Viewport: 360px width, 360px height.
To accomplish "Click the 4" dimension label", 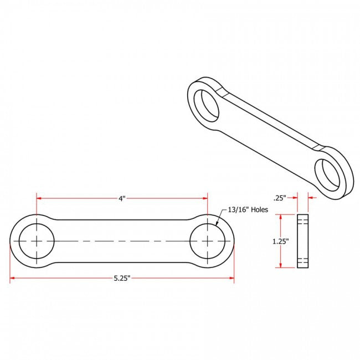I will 122,198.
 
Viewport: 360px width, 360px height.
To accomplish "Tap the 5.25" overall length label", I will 121,279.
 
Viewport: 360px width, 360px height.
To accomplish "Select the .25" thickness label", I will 281,198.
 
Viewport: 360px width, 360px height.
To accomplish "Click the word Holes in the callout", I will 259,210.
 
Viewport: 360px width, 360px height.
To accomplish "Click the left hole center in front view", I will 37,241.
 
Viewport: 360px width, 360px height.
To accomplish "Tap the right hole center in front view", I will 208,241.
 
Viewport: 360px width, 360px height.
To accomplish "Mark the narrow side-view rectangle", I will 302,241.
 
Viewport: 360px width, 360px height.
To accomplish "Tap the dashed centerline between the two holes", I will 122,241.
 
